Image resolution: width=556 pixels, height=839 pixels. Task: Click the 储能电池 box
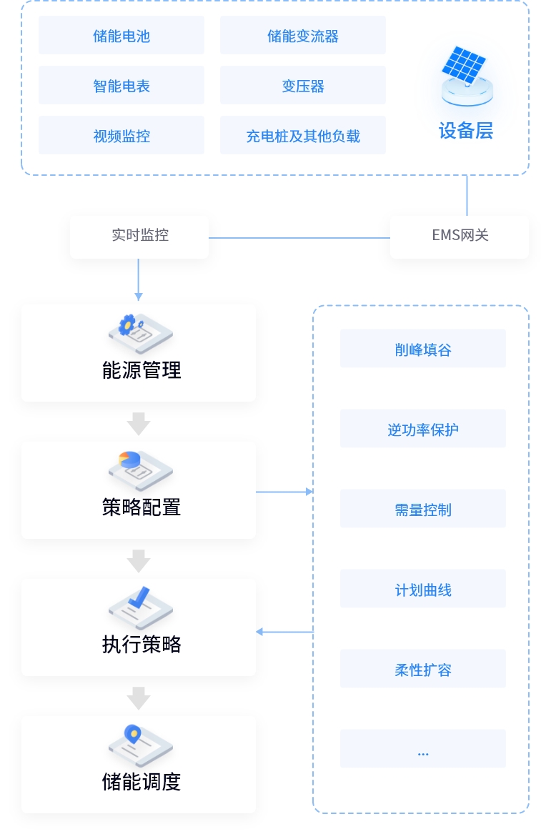[121, 35]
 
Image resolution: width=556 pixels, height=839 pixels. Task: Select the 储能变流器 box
[303, 35]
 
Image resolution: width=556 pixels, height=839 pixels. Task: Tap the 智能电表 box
[121, 85]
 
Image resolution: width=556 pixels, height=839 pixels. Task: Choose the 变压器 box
[303, 85]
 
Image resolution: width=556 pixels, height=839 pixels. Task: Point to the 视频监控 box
[121, 135]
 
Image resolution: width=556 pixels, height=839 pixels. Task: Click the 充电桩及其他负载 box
[303, 135]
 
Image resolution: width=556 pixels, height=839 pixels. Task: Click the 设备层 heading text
[465, 131]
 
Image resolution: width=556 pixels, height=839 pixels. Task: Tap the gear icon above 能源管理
[128, 324]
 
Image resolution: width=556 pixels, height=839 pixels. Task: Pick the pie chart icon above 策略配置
[129, 460]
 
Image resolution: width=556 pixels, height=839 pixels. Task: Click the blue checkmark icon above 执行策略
[139, 597]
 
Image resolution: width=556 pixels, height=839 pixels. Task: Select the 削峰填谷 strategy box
[423, 348]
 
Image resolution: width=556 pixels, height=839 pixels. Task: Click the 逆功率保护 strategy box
[423, 429]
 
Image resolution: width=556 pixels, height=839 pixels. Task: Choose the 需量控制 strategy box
[423, 508]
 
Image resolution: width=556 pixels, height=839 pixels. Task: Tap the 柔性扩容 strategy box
[423, 669]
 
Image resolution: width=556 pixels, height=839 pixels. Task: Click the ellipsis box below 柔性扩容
[423, 748]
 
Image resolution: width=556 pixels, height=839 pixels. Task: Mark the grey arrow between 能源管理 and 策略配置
[139, 424]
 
